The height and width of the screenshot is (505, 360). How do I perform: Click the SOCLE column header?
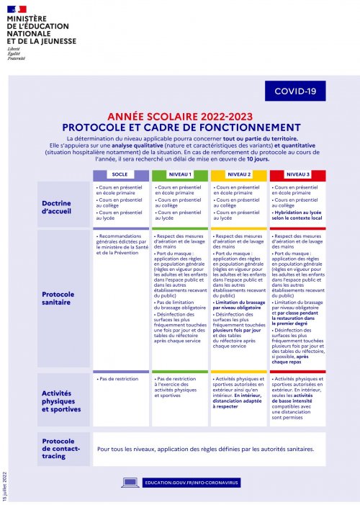(x=120, y=174)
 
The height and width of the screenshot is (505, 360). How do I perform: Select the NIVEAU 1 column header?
(x=180, y=174)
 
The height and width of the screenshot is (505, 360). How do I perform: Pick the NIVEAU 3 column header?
(x=297, y=174)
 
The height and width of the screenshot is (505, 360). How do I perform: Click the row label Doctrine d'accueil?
(x=62, y=207)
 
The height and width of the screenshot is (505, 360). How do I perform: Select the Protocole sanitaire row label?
(x=62, y=299)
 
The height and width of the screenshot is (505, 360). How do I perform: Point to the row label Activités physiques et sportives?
(x=62, y=401)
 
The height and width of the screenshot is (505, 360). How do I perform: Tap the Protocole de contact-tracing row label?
(x=62, y=449)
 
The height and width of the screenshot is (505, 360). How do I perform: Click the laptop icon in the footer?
(x=130, y=481)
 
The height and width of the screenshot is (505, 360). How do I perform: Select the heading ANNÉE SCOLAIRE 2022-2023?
(x=179, y=115)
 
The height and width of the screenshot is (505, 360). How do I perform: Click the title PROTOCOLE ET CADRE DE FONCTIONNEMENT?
(x=180, y=126)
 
